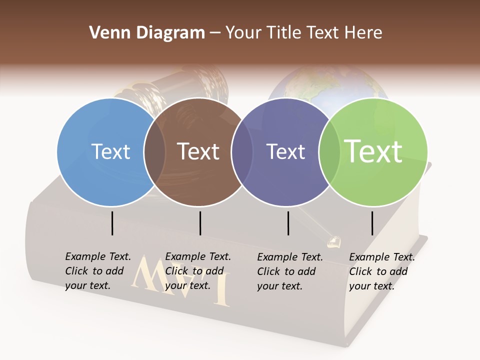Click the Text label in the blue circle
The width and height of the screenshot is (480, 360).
click(x=110, y=151)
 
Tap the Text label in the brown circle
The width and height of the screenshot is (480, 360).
click(x=198, y=151)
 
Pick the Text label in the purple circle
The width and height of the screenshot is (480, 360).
click(x=285, y=151)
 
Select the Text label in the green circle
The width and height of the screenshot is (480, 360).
click(x=373, y=151)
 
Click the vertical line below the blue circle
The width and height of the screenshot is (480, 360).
click(x=112, y=223)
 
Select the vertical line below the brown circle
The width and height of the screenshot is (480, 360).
click(x=200, y=223)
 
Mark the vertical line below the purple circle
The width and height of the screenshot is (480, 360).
click(x=288, y=223)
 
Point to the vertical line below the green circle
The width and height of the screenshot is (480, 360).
click(x=372, y=223)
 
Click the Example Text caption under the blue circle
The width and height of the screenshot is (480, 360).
click(x=98, y=271)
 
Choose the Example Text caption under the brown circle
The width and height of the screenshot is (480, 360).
click(x=198, y=271)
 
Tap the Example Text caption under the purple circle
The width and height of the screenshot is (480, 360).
click(x=290, y=271)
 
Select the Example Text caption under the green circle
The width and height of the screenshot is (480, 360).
click(x=382, y=271)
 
